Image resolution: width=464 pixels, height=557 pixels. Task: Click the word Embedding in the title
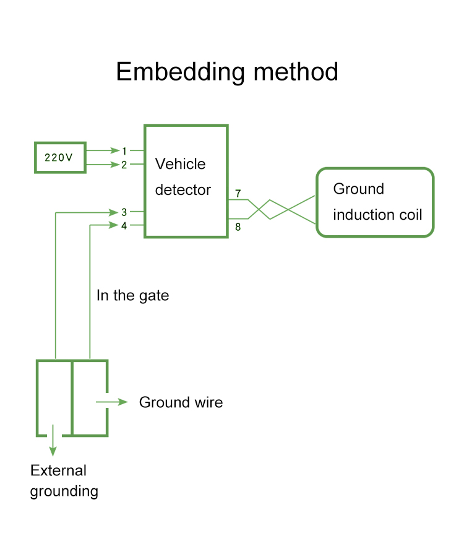coord(175,72)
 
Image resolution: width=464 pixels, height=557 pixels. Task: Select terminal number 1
coord(124,151)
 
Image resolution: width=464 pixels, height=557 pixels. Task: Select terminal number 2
coord(124,165)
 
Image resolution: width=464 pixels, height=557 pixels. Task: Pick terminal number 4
coord(124,226)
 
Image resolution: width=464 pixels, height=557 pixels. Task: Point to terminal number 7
coord(238,194)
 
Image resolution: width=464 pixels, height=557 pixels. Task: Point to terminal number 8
coord(238,227)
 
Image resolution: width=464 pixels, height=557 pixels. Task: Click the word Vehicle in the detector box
coord(180,164)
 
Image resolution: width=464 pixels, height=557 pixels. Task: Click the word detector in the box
coord(183,190)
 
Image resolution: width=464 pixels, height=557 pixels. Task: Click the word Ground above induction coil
coord(358,189)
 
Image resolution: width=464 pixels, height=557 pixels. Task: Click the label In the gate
coord(132,296)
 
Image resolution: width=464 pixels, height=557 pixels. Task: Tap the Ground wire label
coord(181,402)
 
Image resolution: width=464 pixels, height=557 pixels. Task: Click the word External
coord(58,470)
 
